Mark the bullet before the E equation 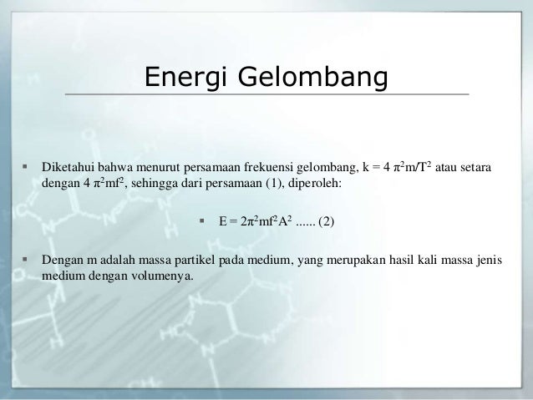(x=202, y=221)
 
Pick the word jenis (x=489, y=260)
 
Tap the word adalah (x=112, y=260)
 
